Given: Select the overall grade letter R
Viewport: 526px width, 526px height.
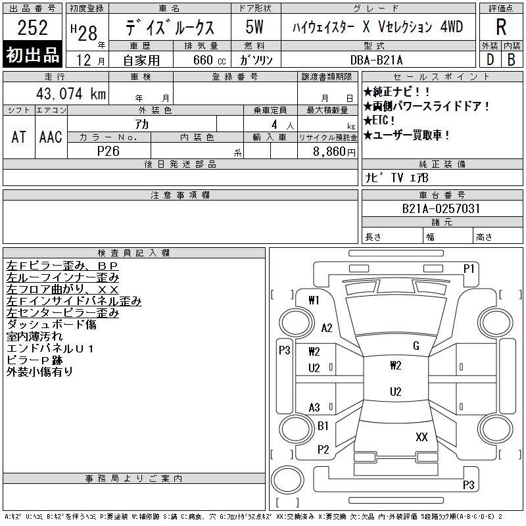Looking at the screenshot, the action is (x=502, y=28).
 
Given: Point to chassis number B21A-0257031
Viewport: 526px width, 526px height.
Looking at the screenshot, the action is (x=441, y=209).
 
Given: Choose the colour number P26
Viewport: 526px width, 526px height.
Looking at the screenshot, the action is (x=108, y=151).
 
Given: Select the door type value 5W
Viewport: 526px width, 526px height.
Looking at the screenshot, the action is (x=254, y=28).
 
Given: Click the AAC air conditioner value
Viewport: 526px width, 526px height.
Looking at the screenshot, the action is (x=51, y=137).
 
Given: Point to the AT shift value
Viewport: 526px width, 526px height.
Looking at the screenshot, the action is (x=19, y=137).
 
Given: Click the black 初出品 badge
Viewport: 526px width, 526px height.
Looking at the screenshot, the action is (x=33, y=55).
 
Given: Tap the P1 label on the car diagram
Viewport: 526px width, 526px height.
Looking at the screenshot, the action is (x=469, y=268).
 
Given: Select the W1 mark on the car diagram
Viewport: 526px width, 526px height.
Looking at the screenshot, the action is (x=314, y=300).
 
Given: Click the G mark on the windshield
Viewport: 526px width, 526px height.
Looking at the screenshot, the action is (x=416, y=346).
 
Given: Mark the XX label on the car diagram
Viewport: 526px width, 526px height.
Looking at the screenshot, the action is (x=421, y=437).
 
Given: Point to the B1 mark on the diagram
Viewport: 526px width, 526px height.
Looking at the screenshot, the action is (x=323, y=426).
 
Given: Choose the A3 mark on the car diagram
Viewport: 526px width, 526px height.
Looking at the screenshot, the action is (x=314, y=408).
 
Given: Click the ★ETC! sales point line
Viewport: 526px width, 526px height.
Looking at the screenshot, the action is (x=382, y=120).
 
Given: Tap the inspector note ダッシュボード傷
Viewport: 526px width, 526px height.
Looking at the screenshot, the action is (x=51, y=325).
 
